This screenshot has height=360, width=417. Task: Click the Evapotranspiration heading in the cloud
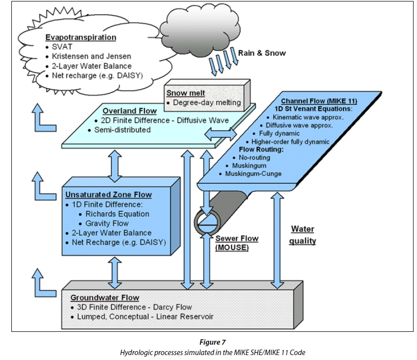coord(80,38)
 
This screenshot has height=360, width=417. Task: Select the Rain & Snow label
coord(262,53)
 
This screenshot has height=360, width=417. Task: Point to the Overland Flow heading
coord(130,111)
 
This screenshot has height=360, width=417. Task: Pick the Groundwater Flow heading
coord(105,298)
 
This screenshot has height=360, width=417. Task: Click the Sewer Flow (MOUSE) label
coord(236,243)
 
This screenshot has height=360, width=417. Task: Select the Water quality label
coord(302,235)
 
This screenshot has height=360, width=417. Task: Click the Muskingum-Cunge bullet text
coord(254,174)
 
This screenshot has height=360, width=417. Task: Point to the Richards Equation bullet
coord(117,214)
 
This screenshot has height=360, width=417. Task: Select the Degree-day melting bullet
coord(207,102)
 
